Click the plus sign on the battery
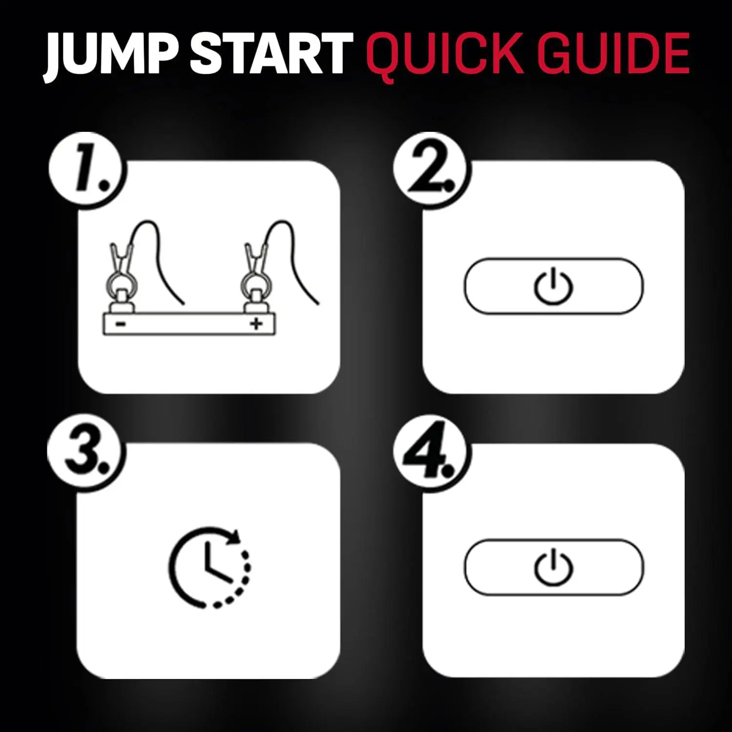coord(256,324)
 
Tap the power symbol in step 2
coord(552,286)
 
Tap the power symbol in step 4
coord(553,567)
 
